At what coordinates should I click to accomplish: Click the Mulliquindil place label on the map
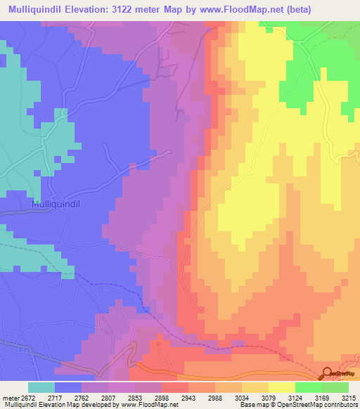[58, 204]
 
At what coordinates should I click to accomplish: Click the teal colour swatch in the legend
[41, 387]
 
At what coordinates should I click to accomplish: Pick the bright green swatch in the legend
[308, 387]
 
